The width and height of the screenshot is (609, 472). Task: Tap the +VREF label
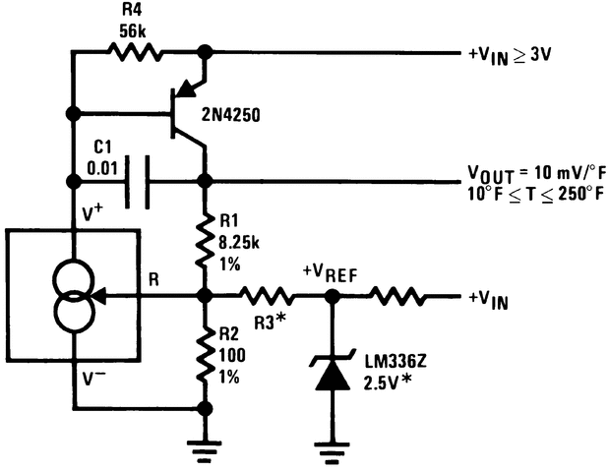click(x=335, y=271)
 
